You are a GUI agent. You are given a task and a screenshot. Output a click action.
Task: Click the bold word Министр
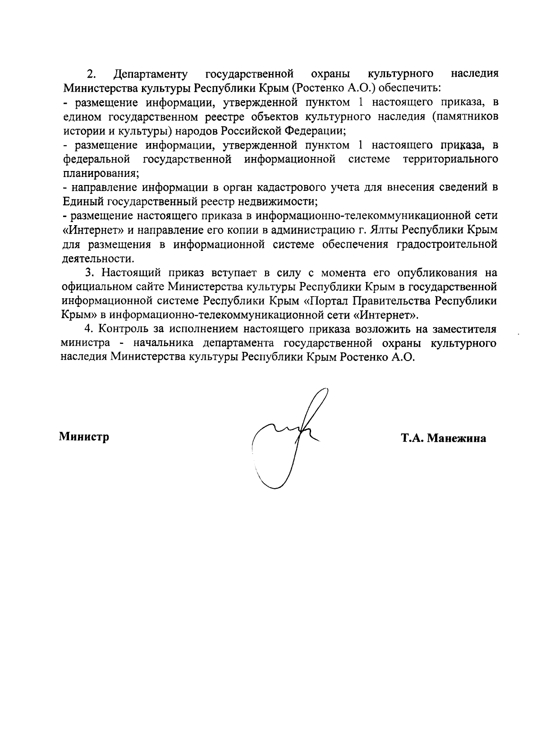[x=84, y=437]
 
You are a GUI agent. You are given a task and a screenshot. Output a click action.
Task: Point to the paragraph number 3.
[x=89, y=273]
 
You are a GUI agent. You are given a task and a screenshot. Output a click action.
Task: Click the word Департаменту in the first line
[x=151, y=74]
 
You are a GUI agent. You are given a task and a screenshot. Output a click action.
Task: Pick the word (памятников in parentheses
[x=465, y=116]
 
